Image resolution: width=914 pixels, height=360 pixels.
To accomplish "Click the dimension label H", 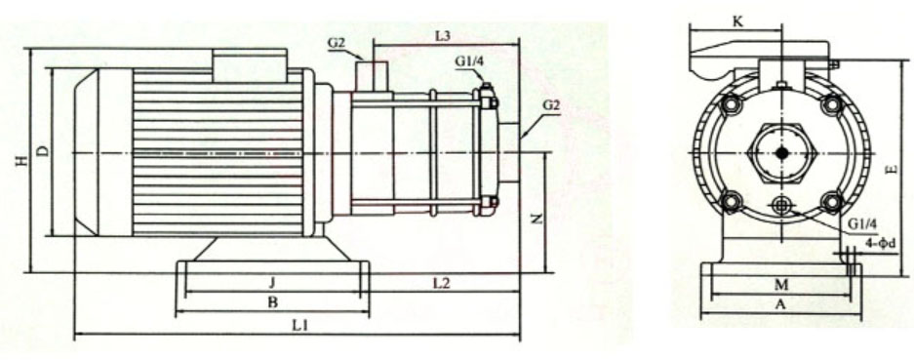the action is tap(20, 162).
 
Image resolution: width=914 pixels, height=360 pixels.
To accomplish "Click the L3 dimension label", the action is tap(443, 36).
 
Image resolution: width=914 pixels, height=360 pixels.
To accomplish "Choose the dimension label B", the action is tap(272, 303).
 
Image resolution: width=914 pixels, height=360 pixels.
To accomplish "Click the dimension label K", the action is tap(737, 20).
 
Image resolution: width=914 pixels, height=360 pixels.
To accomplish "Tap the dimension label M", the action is tap(779, 284).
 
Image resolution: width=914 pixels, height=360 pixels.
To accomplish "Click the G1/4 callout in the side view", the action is tap(468, 60).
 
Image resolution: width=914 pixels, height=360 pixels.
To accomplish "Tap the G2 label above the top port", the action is tap(337, 42).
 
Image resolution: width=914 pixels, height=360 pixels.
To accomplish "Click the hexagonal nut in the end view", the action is tap(781, 153).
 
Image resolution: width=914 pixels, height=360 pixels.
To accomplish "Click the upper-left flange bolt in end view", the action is tap(730, 103).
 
